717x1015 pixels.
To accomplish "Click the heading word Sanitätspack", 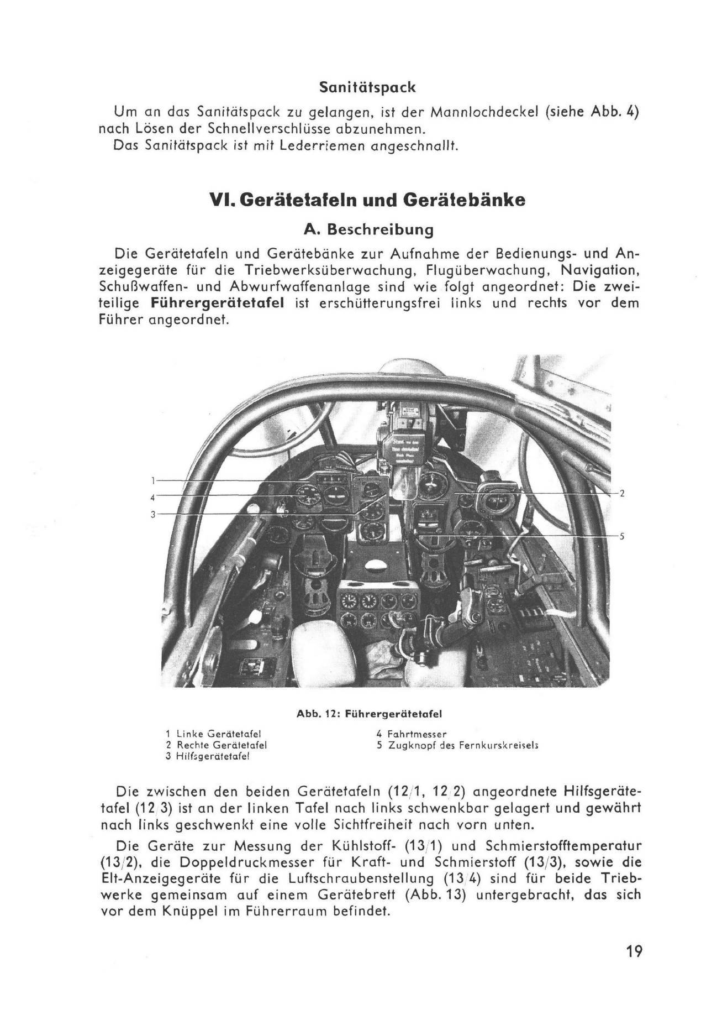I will pyautogui.click(x=367, y=87).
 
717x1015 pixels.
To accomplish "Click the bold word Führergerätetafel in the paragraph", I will pyautogui.click(x=217, y=303).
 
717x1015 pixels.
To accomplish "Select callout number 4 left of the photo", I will pyautogui.click(x=152, y=496).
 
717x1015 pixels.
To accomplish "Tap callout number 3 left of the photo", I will pyautogui.click(x=152, y=514).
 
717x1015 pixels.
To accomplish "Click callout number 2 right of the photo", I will pyautogui.click(x=621, y=493).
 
